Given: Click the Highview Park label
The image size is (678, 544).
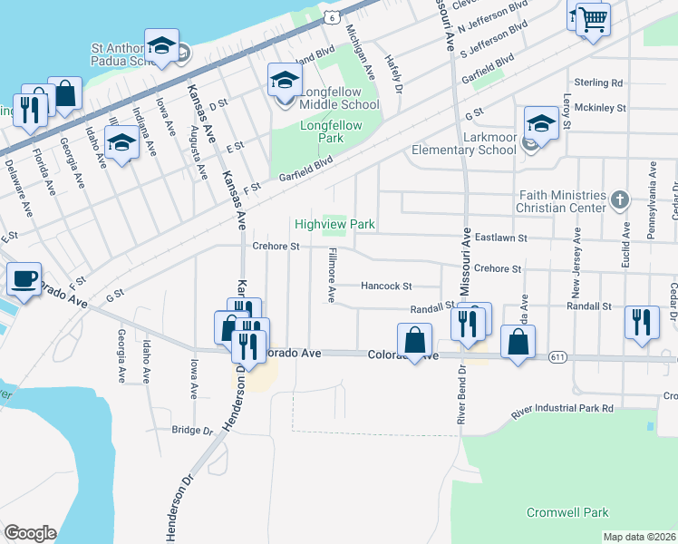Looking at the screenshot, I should click(x=334, y=224).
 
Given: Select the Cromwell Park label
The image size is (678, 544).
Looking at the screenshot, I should click(x=568, y=512).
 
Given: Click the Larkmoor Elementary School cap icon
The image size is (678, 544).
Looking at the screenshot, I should click(x=540, y=124).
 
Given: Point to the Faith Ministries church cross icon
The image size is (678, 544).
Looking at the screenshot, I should click(x=620, y=200).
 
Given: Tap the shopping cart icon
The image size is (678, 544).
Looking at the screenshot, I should click(x=593, y=18).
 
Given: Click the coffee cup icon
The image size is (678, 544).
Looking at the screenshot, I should click(x=24, y=277).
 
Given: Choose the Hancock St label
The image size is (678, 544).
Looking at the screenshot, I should click(x=386, y=286).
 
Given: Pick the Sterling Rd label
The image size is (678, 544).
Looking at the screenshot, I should click(x=605, y=83).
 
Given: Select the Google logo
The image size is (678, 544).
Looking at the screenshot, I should click(x=30, y=533).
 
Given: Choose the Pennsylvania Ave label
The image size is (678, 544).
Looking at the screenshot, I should click(x=651, y=200).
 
